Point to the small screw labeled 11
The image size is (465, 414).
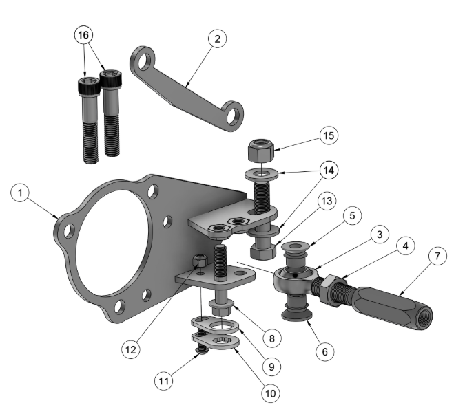pyautogui.click(x=202, y=350)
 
